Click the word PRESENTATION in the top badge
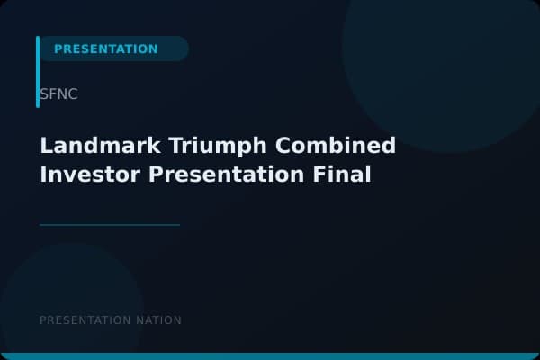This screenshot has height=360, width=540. point(105,49)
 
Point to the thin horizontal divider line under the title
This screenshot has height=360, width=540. point(110,225)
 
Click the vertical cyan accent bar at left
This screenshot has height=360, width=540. point(38,72)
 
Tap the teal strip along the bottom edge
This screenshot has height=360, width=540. point(270,356)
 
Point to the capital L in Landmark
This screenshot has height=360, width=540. point(46,146)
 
